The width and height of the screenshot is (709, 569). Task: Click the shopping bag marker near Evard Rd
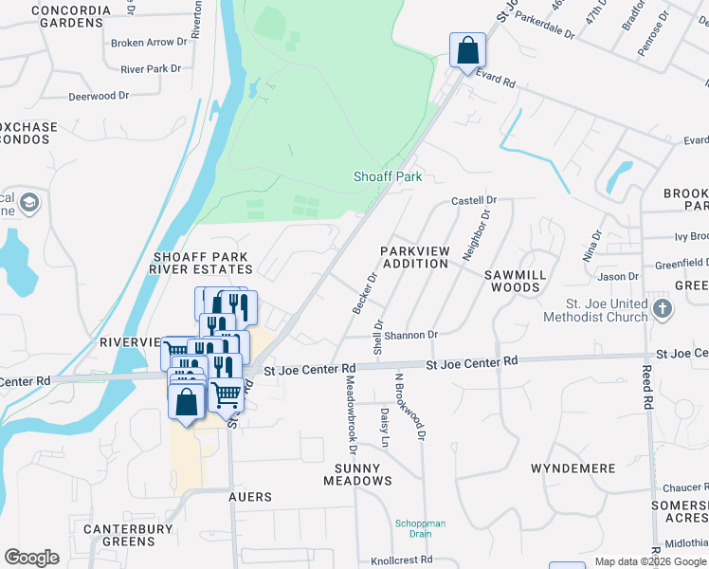click(x=467, y=50)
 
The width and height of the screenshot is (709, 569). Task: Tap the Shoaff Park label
click(x=387, y=176)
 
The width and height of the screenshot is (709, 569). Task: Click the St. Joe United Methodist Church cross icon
click(x=663, y=307)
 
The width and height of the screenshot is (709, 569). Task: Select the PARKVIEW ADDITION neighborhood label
click(x=413, y=257)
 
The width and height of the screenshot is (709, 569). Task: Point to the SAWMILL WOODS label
click(x=512, y=280)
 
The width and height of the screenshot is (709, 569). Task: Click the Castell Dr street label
click(x=474, y=200)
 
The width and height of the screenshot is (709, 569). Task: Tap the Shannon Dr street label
click(x=410, y=335)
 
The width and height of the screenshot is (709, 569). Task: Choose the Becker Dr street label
click(x=365, y=293)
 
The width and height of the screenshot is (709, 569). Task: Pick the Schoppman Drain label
click(x=413, y=528)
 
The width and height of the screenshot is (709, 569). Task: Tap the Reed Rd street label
click(x=647, y=387)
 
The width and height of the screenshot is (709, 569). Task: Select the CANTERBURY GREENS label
click(x=118, y=535)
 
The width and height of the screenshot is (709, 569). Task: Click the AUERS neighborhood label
click(x=250, y=497)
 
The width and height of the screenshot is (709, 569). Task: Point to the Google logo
click(x=31, y=558)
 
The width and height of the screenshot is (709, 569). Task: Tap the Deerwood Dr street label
click(x=99, y=96)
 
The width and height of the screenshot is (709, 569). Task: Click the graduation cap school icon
click(x=30, y=202)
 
